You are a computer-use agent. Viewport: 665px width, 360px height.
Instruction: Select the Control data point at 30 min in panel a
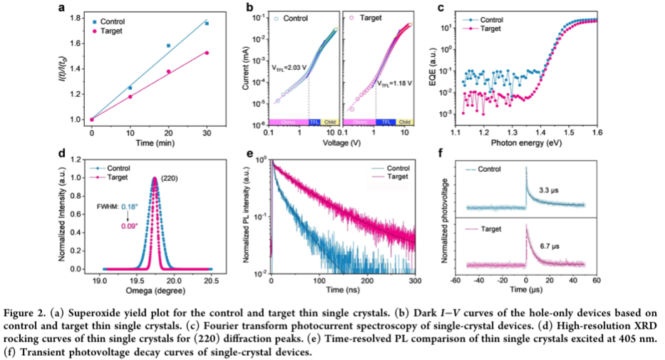click(207, 24)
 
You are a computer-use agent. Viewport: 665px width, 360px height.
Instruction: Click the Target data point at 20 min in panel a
click(168, 71)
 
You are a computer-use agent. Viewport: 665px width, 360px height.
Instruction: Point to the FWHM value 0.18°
click(129, 206)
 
